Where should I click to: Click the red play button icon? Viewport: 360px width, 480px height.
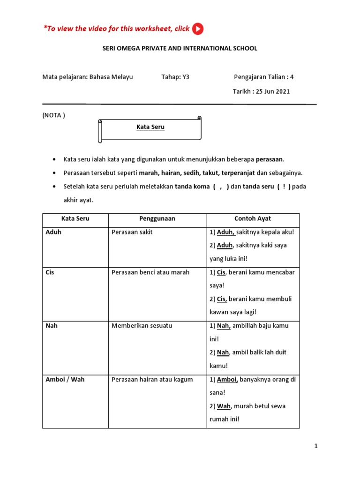pos(198,29)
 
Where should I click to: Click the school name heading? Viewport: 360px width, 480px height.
pos(180,48)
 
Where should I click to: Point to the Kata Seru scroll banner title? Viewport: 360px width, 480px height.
pos(150,127)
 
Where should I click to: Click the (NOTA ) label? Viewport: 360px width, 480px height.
pos(54,115)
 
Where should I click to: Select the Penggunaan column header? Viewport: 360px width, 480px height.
pos(157,219)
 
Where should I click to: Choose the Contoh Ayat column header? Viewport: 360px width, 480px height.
pos(253,219)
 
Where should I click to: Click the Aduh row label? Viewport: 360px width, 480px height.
pos(53,232)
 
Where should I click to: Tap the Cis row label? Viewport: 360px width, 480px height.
pos(50,272)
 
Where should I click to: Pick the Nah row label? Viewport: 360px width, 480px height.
pos(52,326)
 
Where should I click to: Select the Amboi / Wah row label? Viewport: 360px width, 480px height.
pos(65,379)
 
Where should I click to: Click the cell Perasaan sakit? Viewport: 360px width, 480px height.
pos(132,232)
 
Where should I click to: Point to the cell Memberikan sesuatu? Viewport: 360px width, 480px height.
pos(142,326)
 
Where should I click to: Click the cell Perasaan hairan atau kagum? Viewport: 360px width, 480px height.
pos(152,379)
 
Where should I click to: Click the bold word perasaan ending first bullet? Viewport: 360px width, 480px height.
pos(270,159)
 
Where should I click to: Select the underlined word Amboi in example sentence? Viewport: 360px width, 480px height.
pos(227,379)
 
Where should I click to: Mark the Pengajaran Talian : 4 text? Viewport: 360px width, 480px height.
pos(264,77)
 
